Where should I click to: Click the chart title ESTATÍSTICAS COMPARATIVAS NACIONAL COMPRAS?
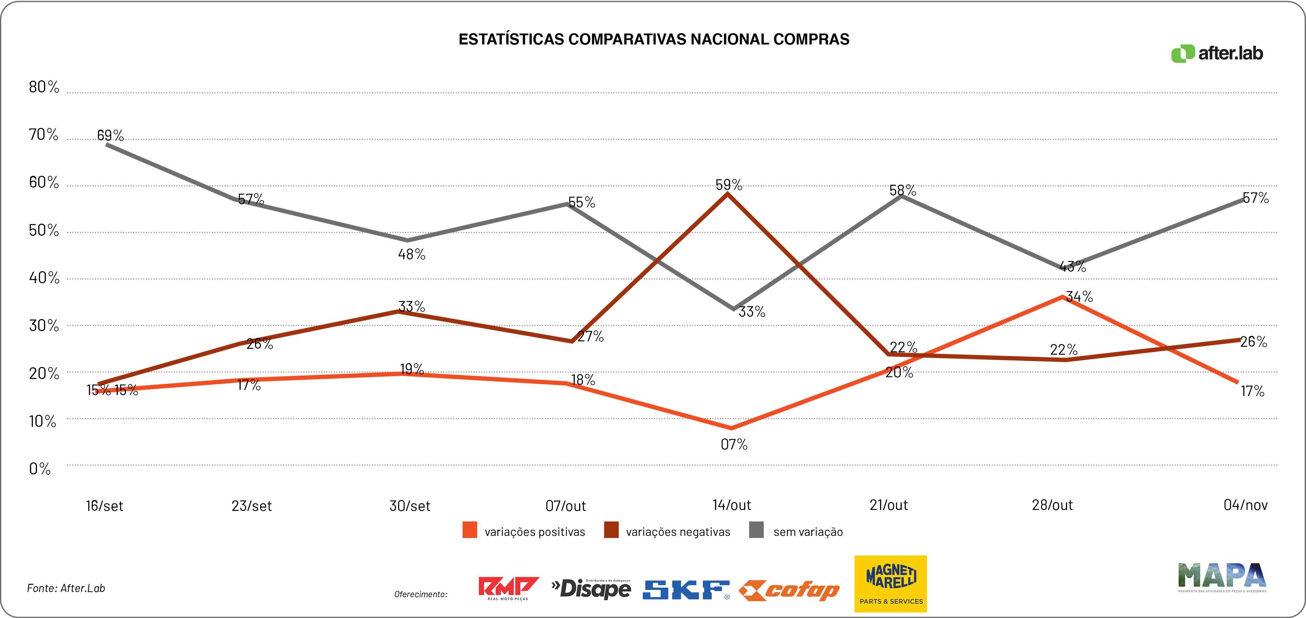point(654,40)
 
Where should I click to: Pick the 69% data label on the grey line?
point(110,135)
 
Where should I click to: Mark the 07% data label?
point(734,444)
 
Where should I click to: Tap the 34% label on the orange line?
point(1079,296)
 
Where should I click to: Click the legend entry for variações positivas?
point(524,531)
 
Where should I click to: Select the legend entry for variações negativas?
point(667,531)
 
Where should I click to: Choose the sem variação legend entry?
point(796,531)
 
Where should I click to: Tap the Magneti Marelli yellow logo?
point(890,583)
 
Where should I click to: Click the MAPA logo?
point(1222,577)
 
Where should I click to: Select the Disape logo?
point(591,588)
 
